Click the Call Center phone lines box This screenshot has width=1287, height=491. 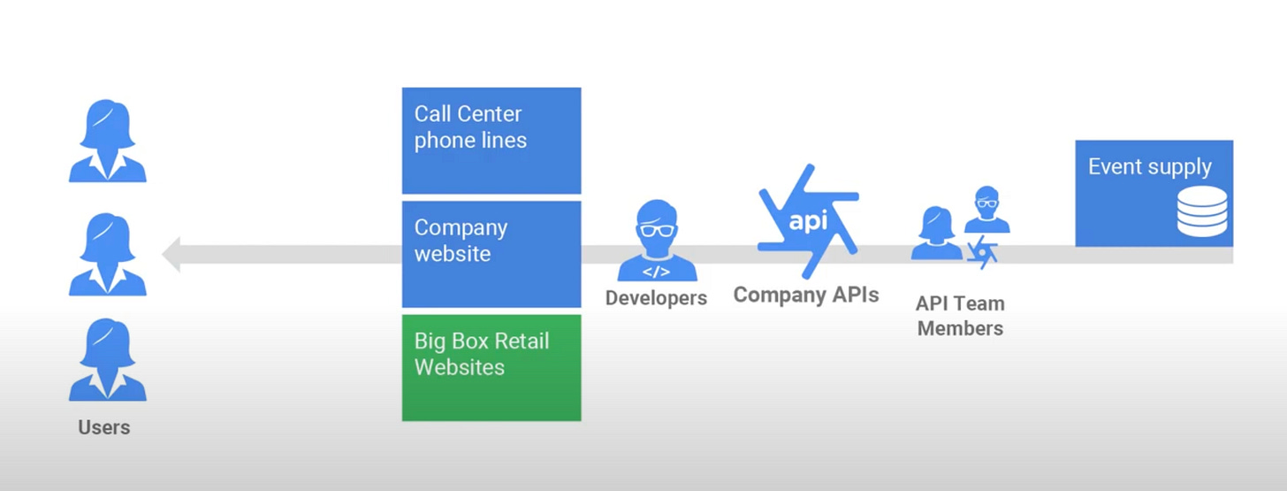click(x=491, y=140)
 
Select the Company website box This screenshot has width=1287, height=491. click(x=491, y=254)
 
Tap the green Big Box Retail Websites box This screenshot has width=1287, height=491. click(x=491, y=367)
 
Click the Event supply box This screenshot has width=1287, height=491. click(x=1154, y=193)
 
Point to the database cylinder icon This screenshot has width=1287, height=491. click(x=1202, y=212)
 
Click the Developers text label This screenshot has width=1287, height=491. click(x=656, y=298)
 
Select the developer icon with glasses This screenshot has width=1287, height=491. click(x=657, y=241)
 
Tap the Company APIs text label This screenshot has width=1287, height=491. click(x=806, y=295)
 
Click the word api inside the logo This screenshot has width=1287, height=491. click(x=808, y=220)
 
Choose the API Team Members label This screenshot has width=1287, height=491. click(x=960, y=316)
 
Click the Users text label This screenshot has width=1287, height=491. click(x=104, y=427)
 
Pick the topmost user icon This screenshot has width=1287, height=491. click(x=108, y=141)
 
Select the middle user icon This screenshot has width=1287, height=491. click(x=108, y=254)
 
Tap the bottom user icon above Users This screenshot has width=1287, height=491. click(x=108, y=360)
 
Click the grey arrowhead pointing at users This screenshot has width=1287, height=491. click(x=172, y=254)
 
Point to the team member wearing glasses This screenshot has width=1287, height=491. click(x=986, y=210)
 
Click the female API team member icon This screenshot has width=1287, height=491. click(x=936, y=234)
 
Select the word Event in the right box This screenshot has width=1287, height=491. click(x=1114, y=167)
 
